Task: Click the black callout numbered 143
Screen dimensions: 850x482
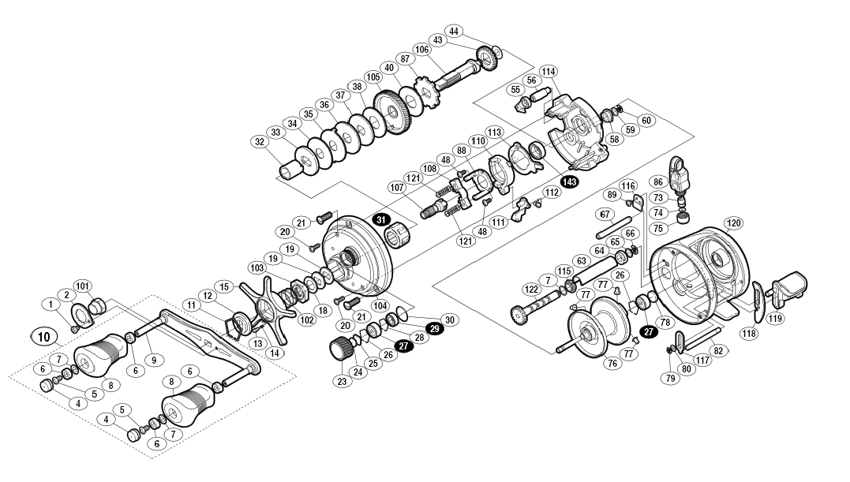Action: click(570, 182)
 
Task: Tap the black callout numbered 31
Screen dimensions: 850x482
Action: click(381, 220)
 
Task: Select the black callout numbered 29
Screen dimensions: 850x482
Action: click(433, 329)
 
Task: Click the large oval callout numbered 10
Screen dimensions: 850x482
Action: click(44, 337)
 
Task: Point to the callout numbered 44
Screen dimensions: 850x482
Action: click(454, 32)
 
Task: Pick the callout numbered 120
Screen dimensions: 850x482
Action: click(733, 223)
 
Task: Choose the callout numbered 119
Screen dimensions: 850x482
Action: click(775, 319)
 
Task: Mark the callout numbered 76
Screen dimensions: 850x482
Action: click(612, 364)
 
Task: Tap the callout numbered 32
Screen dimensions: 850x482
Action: click(260, 142)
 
